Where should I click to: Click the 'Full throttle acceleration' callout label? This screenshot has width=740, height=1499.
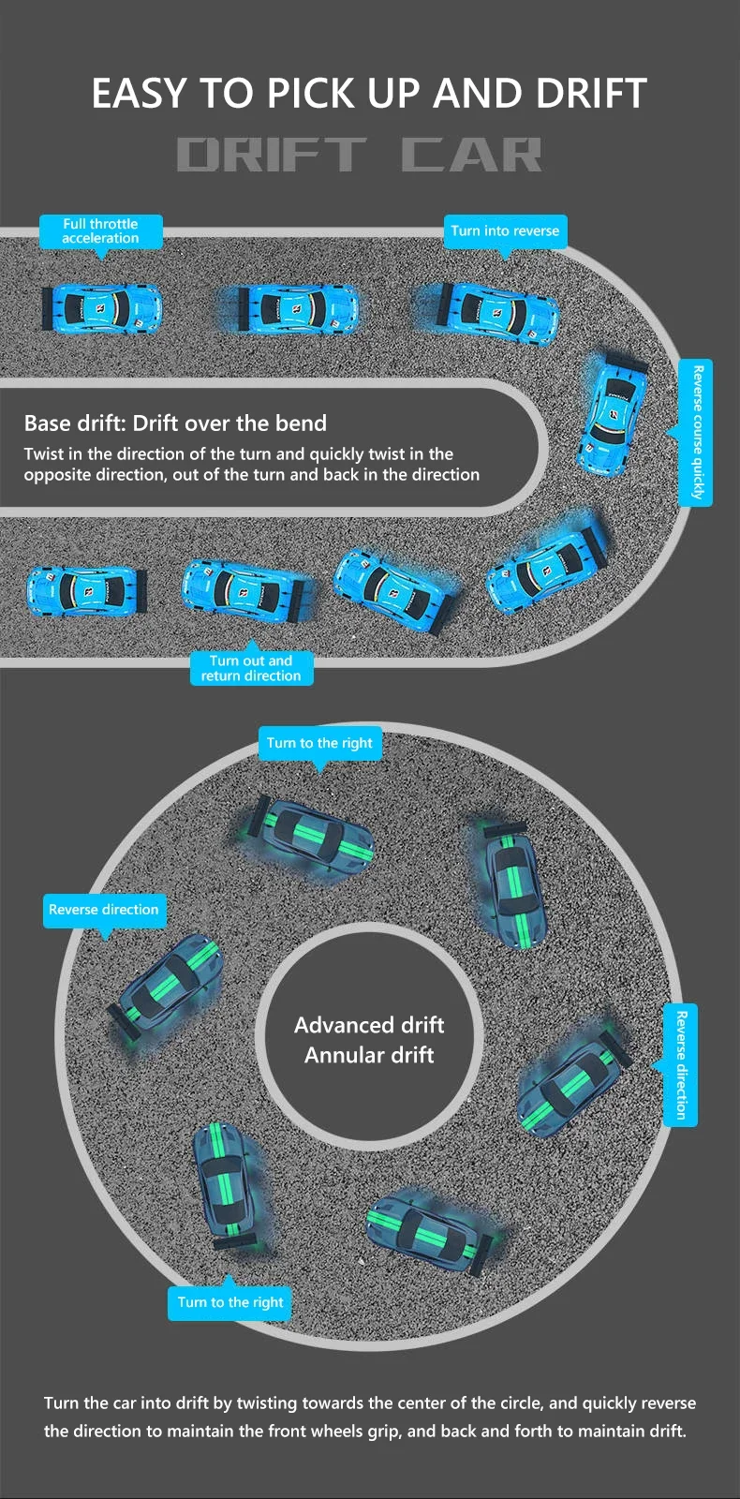click(100, 231)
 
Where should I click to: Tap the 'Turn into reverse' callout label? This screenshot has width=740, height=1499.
click(505, 231)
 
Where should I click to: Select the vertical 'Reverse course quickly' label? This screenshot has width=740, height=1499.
click(696, 432)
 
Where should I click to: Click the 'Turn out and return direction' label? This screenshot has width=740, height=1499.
click(251, 668)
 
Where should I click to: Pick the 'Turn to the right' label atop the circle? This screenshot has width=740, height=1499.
click(319, 743)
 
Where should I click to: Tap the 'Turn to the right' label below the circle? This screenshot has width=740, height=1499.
click(230, 1302)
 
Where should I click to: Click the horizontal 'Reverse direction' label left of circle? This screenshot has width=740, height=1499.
click(104, 910)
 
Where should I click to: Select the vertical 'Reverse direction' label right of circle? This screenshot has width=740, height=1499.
click(681, 1064)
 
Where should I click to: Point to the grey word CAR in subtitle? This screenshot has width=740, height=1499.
click(472, 156)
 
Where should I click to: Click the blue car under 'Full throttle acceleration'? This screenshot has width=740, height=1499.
click(101, 308)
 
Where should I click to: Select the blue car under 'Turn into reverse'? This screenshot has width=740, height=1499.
click(488, 311)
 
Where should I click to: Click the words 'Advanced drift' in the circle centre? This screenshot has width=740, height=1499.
click(369, 1025)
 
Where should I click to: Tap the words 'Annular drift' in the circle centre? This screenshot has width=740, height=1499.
click(369, 1056)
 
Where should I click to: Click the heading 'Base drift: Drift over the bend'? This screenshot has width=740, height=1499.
click(175, 423)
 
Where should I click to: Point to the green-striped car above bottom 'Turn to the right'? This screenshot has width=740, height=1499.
click(225, 1184)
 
